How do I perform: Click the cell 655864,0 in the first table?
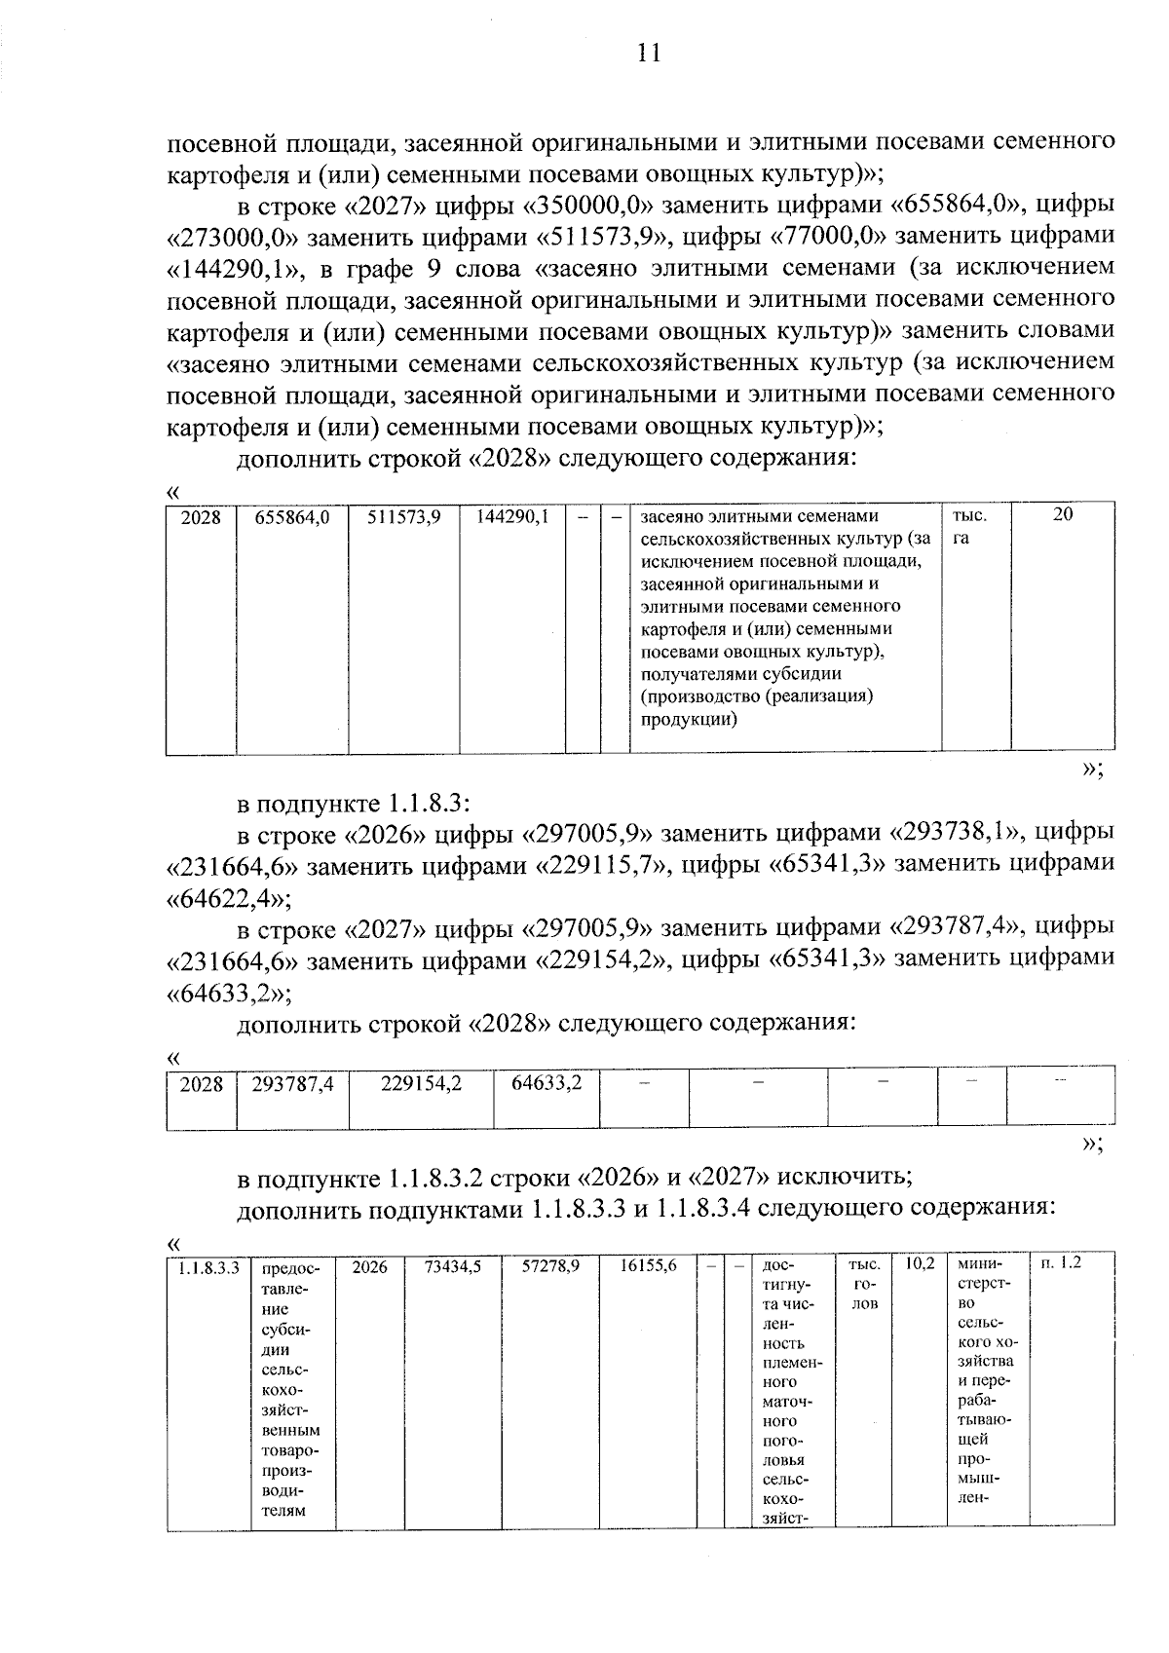point(292,517)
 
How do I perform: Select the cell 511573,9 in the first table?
point(404,517)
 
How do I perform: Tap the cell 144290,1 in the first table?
point(512,517)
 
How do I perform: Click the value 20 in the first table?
point(1063,515)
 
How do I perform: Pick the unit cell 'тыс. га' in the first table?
point(962,526)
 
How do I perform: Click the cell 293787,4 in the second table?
point(292,1083)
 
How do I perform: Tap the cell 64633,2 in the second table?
point(547,1083)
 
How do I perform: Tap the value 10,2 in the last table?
point(920,1263)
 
